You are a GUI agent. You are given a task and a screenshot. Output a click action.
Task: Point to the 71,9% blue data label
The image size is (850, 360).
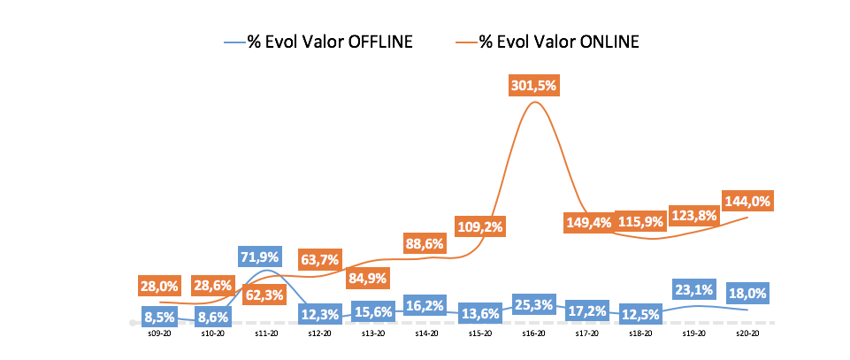click(259, 257)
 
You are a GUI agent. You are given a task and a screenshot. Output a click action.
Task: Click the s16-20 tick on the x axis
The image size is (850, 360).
click(533, 333)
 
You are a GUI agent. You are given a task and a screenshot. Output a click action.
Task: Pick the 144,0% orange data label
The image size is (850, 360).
click(747, 201)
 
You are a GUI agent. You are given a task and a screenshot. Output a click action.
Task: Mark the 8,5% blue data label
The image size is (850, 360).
click(159, 315)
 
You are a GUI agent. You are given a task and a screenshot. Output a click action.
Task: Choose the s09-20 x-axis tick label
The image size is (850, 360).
click(159, 333)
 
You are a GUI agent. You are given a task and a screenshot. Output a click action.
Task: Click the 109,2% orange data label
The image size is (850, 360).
click(480, 226)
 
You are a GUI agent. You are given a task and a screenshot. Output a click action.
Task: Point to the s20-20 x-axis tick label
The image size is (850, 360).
click(747, 333)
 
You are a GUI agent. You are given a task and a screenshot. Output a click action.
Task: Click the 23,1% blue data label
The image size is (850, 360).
click(694, 287)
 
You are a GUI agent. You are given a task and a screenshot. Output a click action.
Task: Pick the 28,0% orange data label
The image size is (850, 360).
click(159, 286)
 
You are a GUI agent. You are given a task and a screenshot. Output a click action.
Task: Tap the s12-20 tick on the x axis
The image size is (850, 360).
click(319, 333)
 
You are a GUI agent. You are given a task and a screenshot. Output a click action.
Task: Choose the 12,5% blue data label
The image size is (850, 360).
click(640, 314)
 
